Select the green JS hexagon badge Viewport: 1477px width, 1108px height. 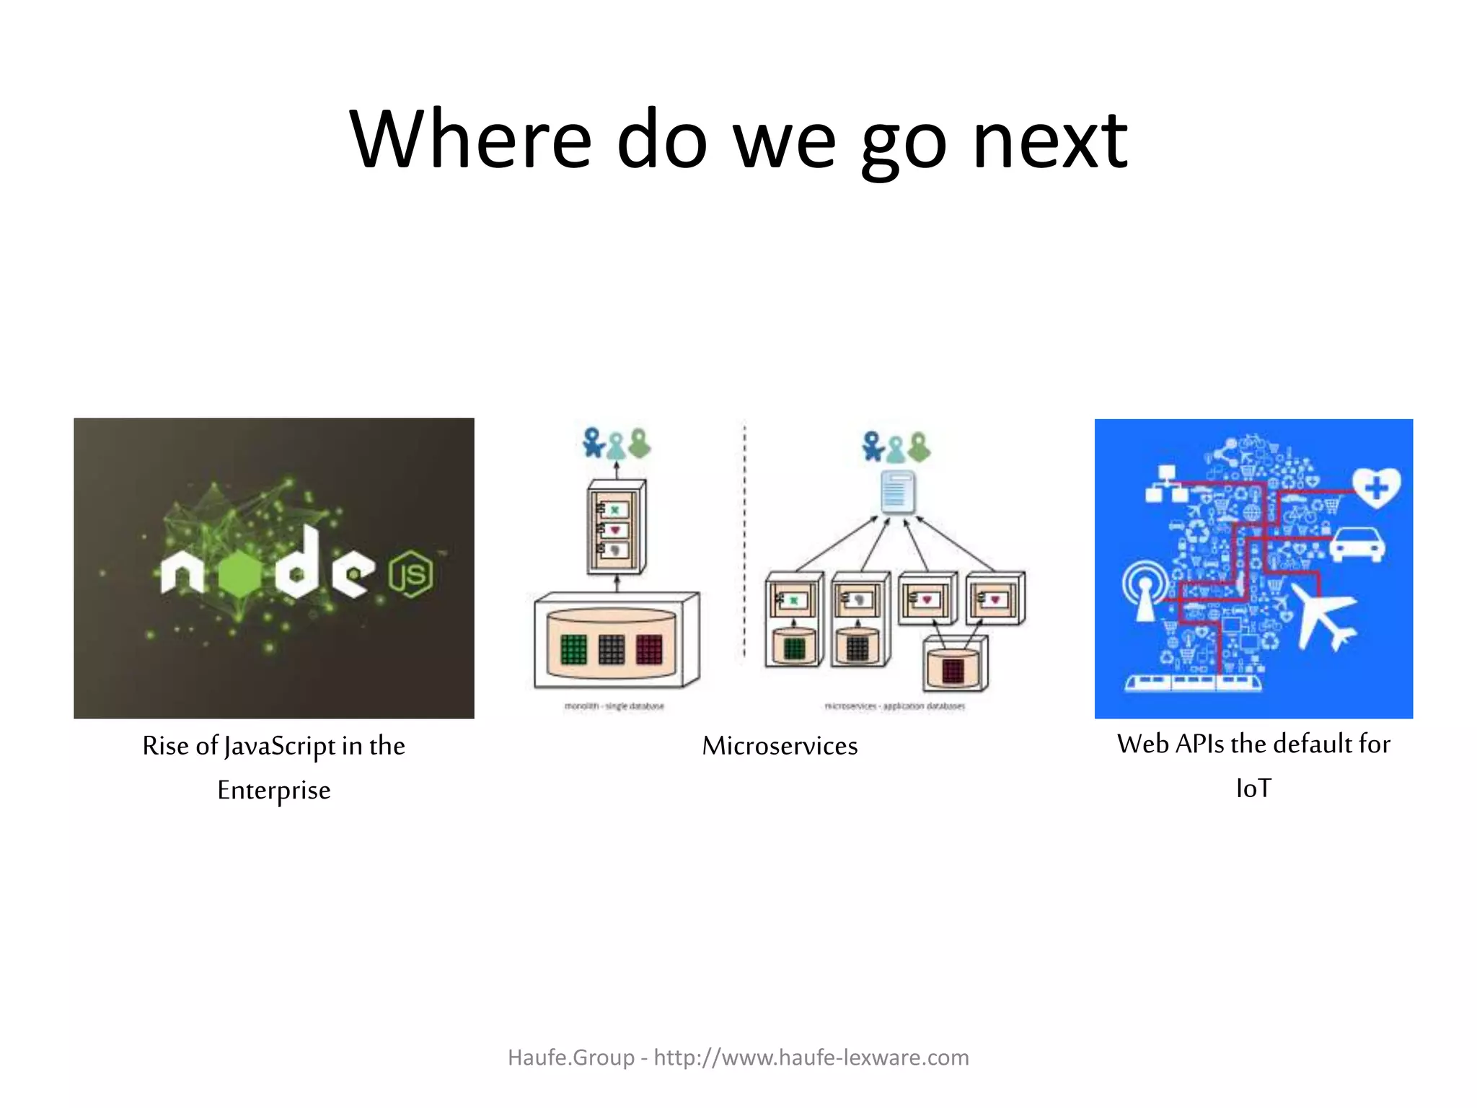(411, 573)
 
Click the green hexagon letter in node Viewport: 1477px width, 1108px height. (235, 574)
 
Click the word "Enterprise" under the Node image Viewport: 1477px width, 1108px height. (274, 791)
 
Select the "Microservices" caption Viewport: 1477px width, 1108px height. (780, 746)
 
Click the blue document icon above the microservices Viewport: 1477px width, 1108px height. (898, 492)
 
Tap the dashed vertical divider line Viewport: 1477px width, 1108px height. (745, 541)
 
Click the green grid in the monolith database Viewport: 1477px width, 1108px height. (574, 648)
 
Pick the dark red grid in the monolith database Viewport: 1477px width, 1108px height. (648, 648)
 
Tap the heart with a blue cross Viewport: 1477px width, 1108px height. (1376, 488)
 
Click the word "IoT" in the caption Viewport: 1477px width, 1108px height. (1253, 788)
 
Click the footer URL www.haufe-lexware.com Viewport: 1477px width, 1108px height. (811, 1058)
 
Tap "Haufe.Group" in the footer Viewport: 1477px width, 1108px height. (570, 1058)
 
